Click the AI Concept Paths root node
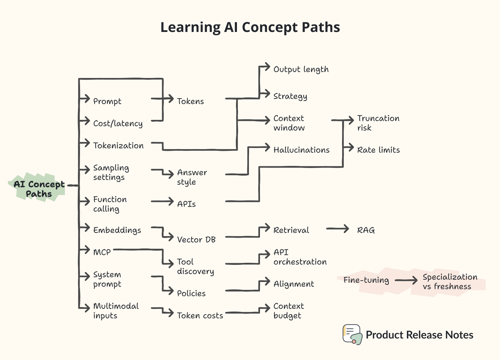[39, 189]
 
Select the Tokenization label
[118, 146]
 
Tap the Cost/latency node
[118, 123]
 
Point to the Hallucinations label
[301, 150]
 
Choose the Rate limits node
[378, 150]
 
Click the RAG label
[366, 230]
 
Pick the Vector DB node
[196, 239]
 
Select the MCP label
[102, 252]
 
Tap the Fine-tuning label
[366, 280]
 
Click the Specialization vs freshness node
[450, 282]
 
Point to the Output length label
[301, 69]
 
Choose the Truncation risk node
[378, 123]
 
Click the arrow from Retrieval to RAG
[337, 229]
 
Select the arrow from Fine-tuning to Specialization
[406, 280]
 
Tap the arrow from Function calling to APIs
[162, 202]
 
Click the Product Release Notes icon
[352, 334]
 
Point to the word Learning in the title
[190, 27]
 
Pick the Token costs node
[200, 315]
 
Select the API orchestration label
[300, 257]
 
